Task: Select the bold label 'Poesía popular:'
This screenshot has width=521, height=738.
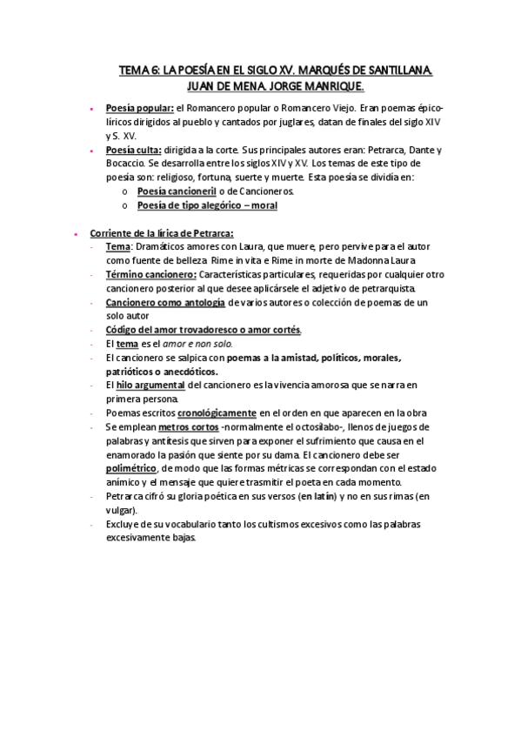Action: click(139, 109)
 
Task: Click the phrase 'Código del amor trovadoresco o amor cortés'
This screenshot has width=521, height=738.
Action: click(203, 330)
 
